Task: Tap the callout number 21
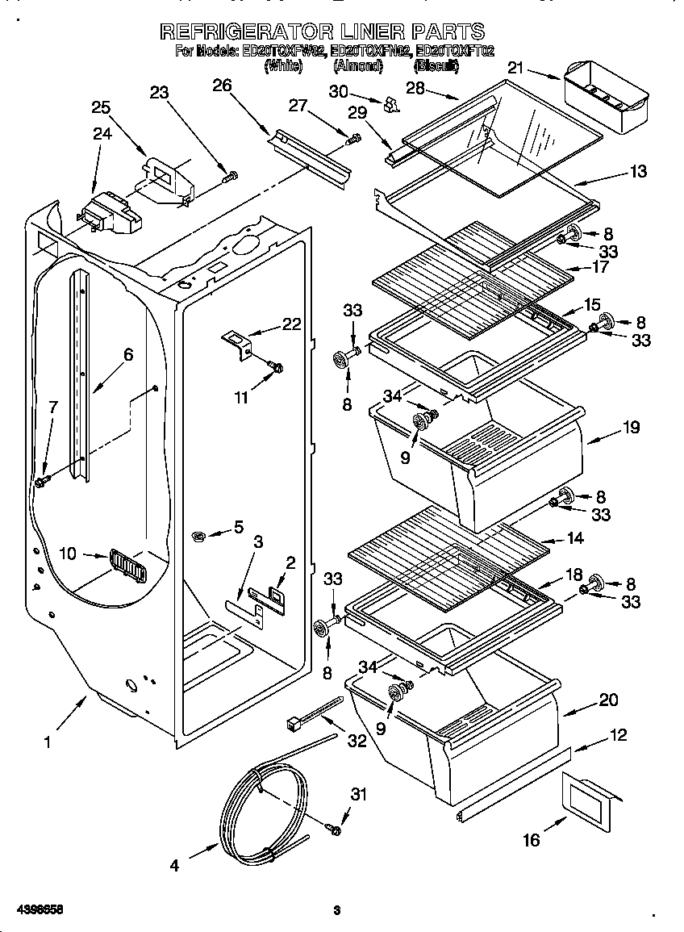coord(515,69)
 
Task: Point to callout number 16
coord(531,840)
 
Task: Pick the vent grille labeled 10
coord(125,564)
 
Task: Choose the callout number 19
coord(630,427)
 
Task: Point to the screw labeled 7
coord(40,481)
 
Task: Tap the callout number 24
coord(102,134)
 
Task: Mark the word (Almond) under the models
coord(357,67)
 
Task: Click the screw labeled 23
coord(230,175)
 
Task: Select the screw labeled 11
coord(277,368)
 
